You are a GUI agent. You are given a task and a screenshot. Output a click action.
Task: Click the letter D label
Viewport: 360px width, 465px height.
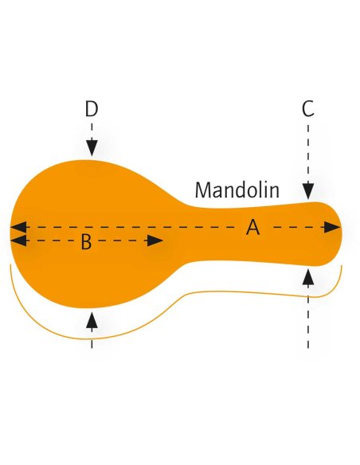[x=92, y=109]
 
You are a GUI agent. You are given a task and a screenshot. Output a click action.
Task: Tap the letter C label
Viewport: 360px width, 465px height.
[x=307, y=109]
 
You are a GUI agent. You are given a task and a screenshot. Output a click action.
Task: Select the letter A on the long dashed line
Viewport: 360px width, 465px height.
[x=252, y=228]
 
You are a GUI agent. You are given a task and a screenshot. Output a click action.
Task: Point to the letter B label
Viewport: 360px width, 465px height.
[x=86, y=242]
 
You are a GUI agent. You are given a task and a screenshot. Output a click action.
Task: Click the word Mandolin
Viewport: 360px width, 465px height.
[x=237, y=190]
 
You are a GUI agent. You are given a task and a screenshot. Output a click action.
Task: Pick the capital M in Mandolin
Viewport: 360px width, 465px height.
[x=202, y=190]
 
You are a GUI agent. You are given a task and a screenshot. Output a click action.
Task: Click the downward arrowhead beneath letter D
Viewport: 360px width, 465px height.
[x=92, y=147]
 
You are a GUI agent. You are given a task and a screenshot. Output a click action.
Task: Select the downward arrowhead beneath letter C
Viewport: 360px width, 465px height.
[x=308, y=191]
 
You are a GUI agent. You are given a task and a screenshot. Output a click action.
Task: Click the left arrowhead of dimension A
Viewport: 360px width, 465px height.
[x=18, y=228]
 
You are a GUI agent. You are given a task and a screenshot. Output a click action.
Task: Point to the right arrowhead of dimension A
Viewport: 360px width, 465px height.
[x=332, y=228]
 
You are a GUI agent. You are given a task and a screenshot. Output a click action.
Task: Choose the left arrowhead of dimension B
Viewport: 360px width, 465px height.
[x=18, y=240]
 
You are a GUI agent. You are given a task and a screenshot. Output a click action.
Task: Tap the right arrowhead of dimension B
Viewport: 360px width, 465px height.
[x=155, y=240]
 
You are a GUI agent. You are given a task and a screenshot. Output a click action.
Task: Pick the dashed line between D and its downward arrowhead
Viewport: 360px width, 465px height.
[x=92, y=131]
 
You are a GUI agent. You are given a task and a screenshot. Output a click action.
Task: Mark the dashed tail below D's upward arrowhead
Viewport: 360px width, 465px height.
[x=92, y=338]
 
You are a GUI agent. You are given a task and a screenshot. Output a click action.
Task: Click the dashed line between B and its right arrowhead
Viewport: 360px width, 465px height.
[x=122, y=240]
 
